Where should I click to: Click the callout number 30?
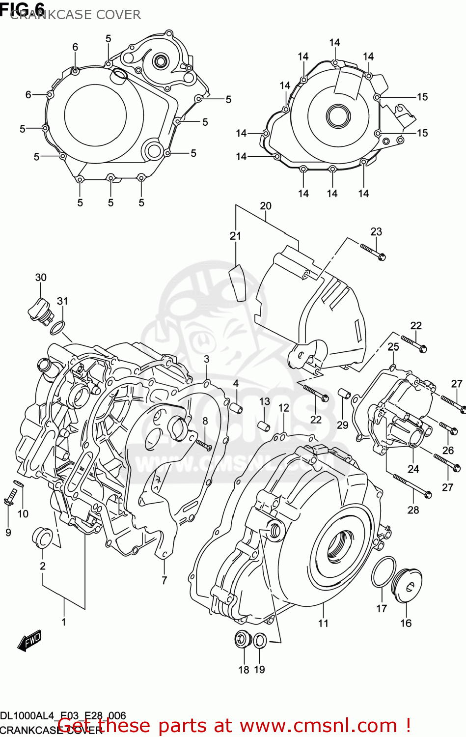tap(41, 278)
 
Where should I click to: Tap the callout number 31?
tap(62, 301)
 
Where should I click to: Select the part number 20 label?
tap(265, 206)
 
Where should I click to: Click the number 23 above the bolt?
tap(376, 231)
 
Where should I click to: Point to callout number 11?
tap(323, 623)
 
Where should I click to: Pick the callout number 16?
tap(406, 623)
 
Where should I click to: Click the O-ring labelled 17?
tap(384, 572)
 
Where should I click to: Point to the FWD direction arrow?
tap(29, 641)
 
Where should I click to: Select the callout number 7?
tap(164, 580)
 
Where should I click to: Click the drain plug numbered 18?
tap(243, 640)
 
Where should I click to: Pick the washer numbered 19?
tap(260, 640)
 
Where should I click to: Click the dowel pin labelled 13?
tap(265, 424)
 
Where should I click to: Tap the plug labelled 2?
tap(42, 538)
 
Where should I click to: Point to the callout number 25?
tap(393, 347)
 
